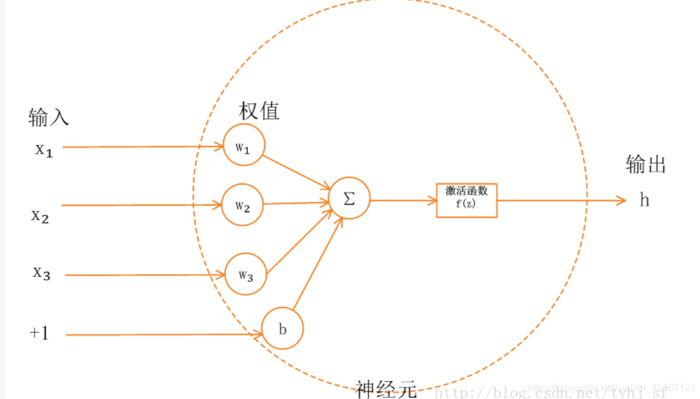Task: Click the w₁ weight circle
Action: point(243,146)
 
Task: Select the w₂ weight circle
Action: point(242,204)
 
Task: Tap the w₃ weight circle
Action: point(245,274)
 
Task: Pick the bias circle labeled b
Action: point(282,329)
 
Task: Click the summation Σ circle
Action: point(349,199)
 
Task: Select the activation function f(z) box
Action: point(466,199)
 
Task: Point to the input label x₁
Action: point(43,150)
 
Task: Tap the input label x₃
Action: point(41,272)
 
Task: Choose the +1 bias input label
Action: point(38,334)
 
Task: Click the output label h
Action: point(644,200)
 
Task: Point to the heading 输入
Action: point(48,117)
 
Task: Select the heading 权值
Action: point(259,111)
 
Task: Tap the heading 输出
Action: point(646,164)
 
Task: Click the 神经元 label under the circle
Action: point(386,389)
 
